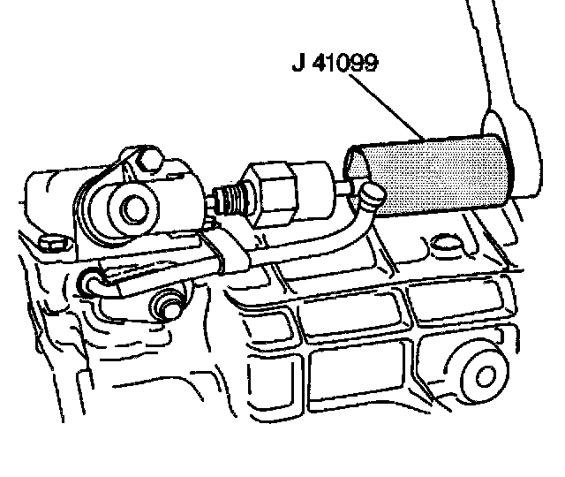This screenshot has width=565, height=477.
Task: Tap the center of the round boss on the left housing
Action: (132, 208)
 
